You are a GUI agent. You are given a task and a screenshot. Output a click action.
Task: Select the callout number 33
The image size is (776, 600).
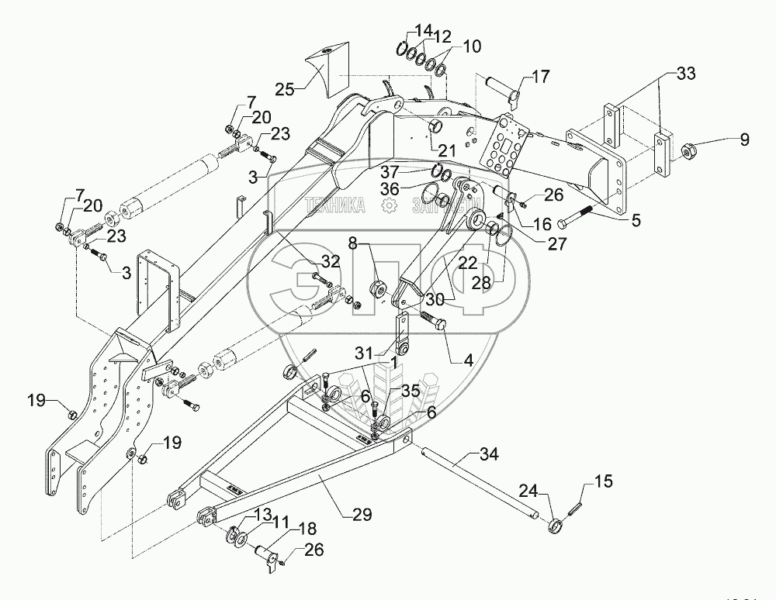pos(685,74)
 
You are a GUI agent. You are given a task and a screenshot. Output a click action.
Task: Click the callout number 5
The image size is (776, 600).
pos(636,220)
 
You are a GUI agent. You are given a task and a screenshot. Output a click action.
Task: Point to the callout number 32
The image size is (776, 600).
pos(331,261)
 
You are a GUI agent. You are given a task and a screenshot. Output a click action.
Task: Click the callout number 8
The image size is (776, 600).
pos(352,243)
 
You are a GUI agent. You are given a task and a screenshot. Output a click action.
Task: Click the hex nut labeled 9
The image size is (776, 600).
pos(688,150)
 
